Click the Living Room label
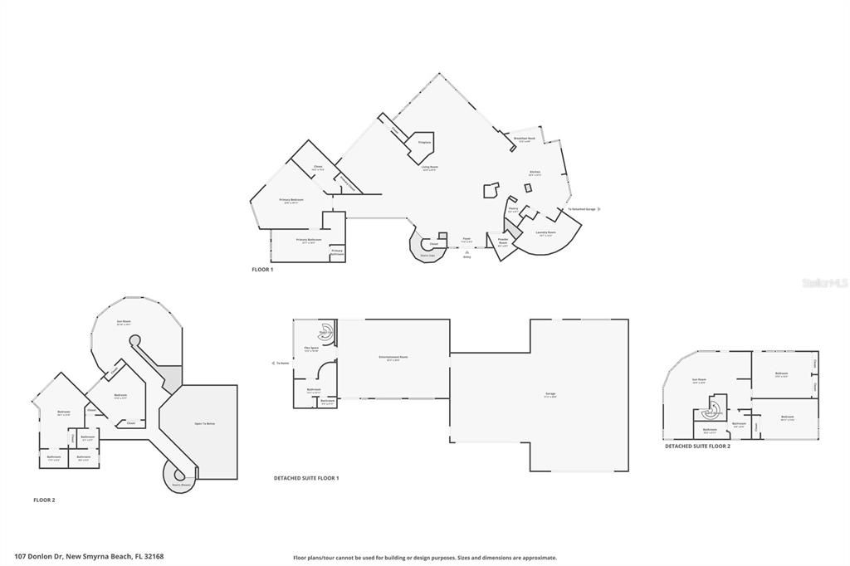[x=428, y=167]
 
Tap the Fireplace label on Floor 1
[x=424, y=143]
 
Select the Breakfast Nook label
[x=523, y=139]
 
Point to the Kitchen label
[x=535, y=173]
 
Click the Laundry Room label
[x=545, y=232]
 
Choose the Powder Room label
[x=503, y=241]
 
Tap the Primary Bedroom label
[x=291, y=200]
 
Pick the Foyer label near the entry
[x=467, y=239]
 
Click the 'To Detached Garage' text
[x=581, y=208]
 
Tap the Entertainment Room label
[x=393, y=357]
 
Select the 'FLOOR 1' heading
[x=262, y=270]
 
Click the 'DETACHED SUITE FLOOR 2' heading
[x=697, y=446]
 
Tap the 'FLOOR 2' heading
[x=44, y=500]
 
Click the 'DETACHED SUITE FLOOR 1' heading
[x=306, y=478]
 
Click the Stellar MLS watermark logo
[x=824, y=283]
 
